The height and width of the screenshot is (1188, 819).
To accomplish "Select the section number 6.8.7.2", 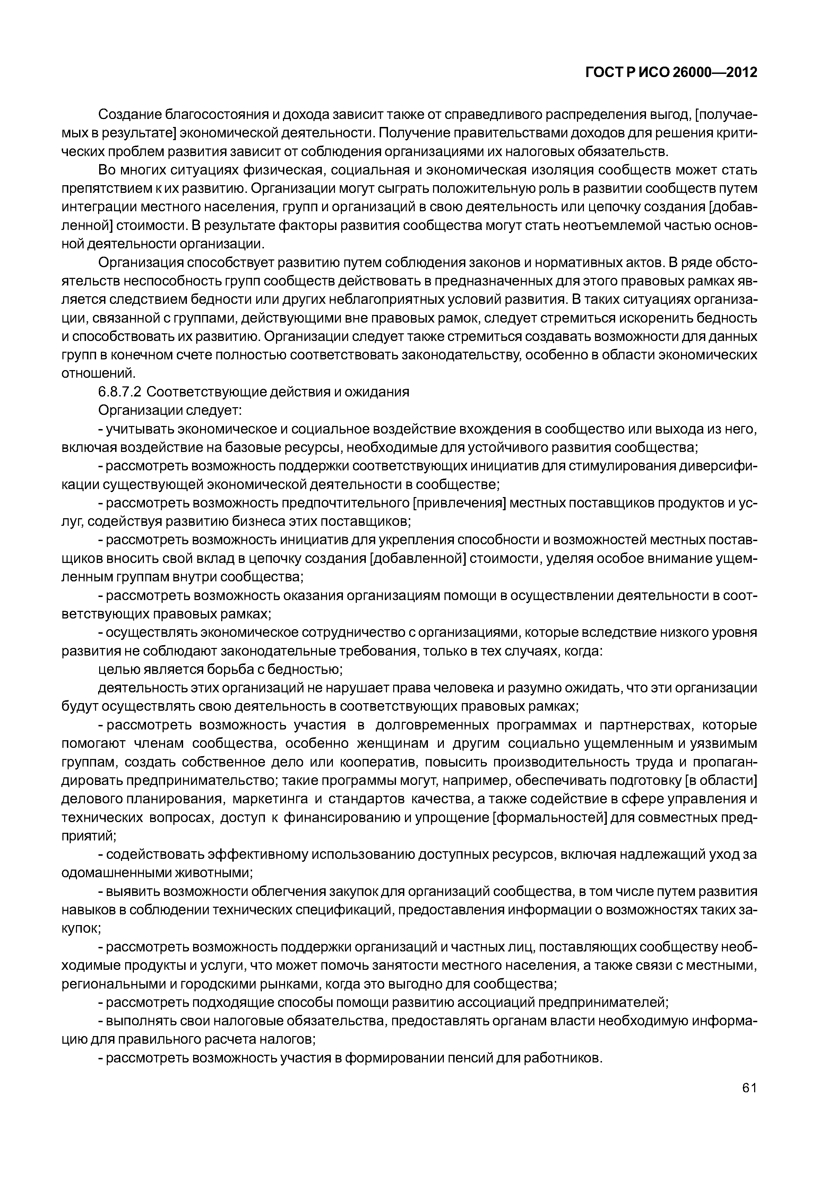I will pyautogui.click(x=119, y=392).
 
